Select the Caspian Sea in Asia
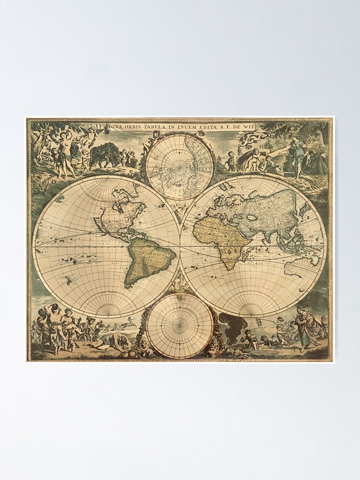pos(251,216)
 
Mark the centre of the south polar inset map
pos(180,325)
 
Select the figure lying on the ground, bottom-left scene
pos(113,342)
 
